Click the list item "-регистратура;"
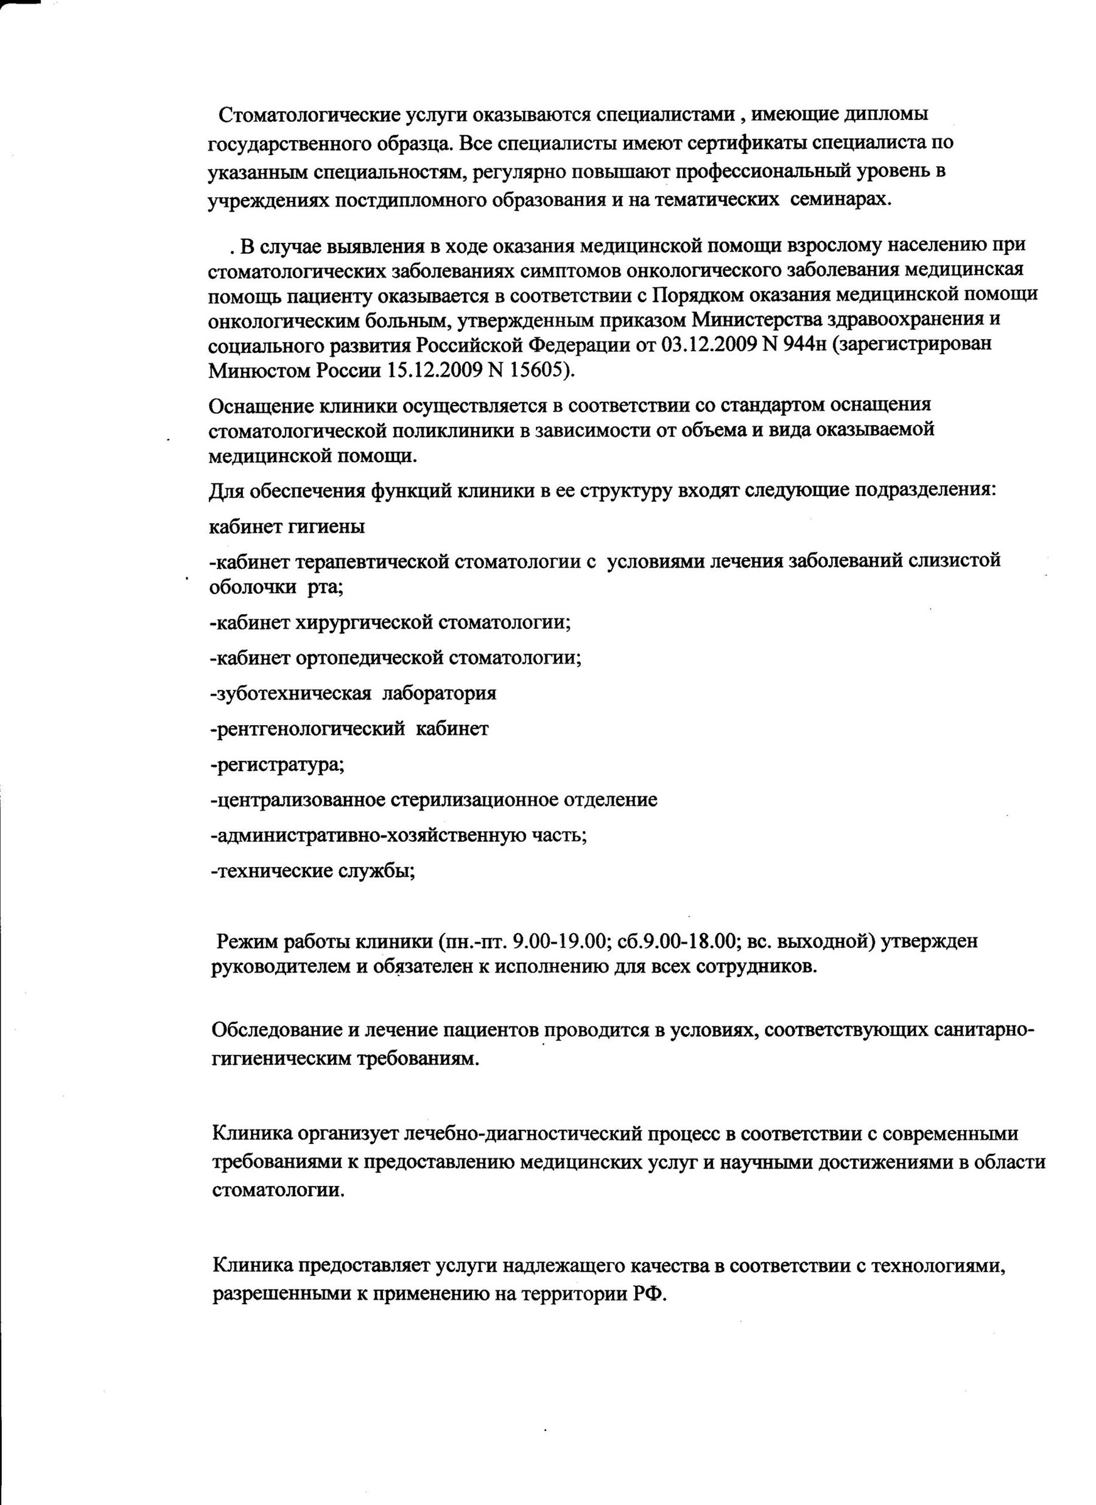(x=277, y=765)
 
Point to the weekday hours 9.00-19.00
(x=566, y=942)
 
